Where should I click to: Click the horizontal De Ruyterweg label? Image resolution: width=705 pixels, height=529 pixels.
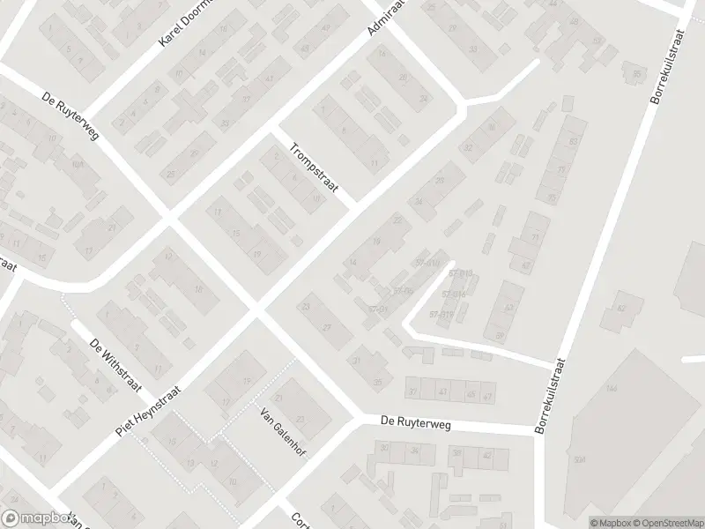click(x=416, y=423)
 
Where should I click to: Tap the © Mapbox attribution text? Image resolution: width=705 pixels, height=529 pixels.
click(x=616, y=522)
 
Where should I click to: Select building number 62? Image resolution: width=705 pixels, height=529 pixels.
click(x=621, y=308)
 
